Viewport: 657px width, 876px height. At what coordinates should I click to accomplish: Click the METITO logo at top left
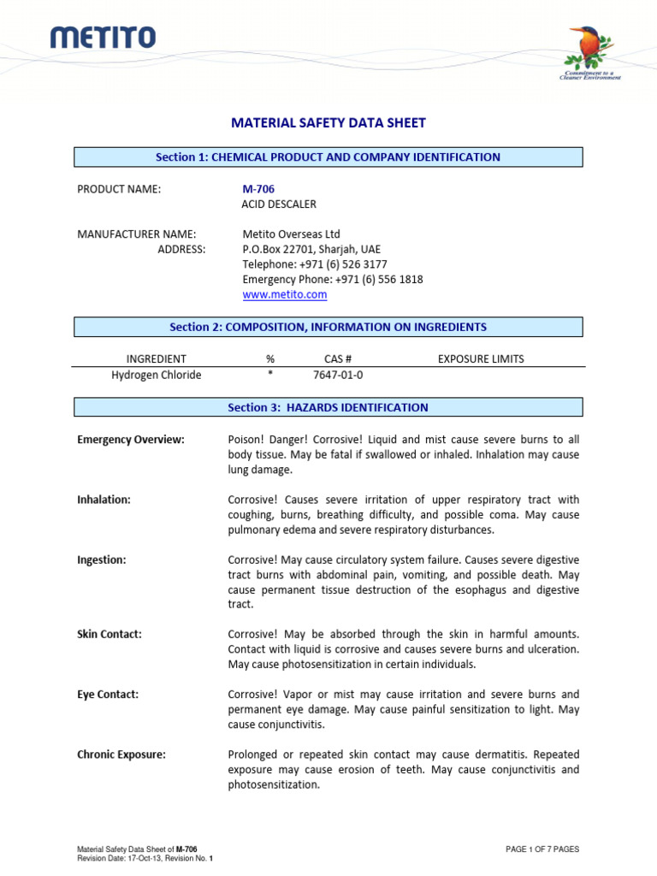coord(103,37)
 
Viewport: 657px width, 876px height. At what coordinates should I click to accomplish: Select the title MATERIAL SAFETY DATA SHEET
coord(328,123)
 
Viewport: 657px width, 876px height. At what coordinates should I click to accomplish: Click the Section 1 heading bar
coord(328,157)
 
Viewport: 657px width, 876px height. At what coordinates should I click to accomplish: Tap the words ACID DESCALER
coord(279,204)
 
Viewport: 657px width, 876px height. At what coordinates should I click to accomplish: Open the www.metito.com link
coord(285,294)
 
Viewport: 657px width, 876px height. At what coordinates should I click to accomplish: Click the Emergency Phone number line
coord(332,280)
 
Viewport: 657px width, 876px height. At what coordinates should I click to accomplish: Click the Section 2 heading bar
coord(328,327)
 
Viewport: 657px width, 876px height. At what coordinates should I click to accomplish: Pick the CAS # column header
coord(338,359)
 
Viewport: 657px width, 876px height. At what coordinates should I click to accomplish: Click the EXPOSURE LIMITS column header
coord(481,359)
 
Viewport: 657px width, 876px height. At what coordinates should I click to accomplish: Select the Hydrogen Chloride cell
coord(157,375)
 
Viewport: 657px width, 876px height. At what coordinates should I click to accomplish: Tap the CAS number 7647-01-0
coord(338,375)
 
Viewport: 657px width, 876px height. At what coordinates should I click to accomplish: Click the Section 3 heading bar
coord(328,407)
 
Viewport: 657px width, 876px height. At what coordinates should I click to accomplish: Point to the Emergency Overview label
coord(131,440)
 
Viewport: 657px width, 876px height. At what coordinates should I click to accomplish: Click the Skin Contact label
coord(109,635)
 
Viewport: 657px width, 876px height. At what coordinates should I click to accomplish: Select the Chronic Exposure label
coord(121,755)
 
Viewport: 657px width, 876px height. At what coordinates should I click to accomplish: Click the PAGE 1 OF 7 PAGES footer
coord(542,849)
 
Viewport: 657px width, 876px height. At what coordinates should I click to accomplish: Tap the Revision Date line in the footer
coord(145,858)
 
